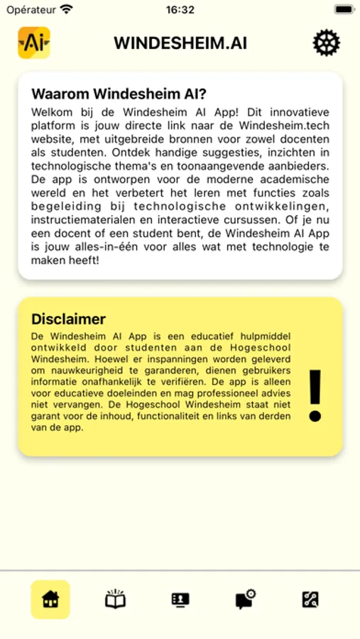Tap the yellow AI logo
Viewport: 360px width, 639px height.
click(33, 43)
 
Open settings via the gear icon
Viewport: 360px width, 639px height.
click(327, 43)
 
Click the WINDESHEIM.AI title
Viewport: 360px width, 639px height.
click(180, 43)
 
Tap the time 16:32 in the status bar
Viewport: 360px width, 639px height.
click(180, 10)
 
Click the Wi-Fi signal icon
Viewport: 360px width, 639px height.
click(67, 10)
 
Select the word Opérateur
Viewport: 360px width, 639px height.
click(31, 10)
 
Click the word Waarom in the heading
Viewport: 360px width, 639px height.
click(60, 94)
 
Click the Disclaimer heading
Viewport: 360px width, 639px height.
click(69, 319)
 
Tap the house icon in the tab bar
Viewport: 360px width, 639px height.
click(50, 600)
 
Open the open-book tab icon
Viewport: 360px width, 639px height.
click(115, 600)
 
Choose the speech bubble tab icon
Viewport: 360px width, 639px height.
click(245, 600)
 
